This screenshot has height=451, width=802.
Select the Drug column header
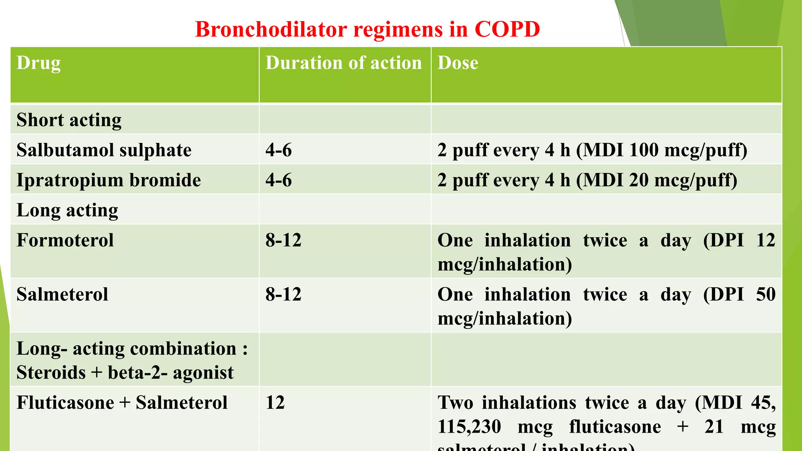38,63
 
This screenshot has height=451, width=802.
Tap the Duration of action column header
343,63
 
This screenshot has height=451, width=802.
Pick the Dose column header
457,63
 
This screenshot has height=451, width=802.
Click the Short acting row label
69,120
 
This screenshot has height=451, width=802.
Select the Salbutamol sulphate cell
104,150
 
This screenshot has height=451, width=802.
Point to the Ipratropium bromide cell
108,180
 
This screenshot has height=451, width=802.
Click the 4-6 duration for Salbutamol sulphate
278,150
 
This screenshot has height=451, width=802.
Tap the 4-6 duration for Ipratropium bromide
278,180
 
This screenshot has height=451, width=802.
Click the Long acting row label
67,210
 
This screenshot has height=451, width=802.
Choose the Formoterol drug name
65,240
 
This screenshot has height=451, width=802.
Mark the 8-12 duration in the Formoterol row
283,240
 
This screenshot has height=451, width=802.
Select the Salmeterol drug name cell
62,294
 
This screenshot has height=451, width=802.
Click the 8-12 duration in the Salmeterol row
283,294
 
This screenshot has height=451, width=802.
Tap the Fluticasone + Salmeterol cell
122,402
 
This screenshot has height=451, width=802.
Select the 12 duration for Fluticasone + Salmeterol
275,402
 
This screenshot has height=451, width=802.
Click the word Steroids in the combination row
51,372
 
